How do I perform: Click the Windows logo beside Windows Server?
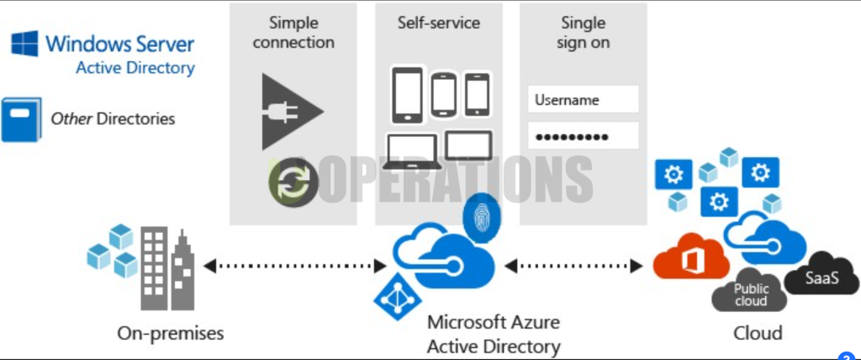pyautogui.click(x=24, y=44)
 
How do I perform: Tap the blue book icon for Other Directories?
pyautogui.click(x=21, y=119)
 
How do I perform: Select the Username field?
pyautogui.click(x=584, y=99)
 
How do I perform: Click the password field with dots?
pyautogui.click(x=584, y=135)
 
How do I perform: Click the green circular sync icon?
pyautogui.click(x=293, y=182)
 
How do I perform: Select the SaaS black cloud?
pyautogui.click(x=821, y=275)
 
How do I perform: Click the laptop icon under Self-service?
pyautogui.click(x=412, y=151)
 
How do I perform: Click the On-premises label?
pyautogui.click(x=170, y=333)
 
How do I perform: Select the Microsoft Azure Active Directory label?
pyautogui.click(x=494, y=334)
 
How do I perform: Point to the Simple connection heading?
pyautogui.click(x=293, y=33)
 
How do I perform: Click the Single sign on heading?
pyautogui.click(x=584, y=33)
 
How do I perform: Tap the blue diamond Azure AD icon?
pyautogui.click(x=398, y=298)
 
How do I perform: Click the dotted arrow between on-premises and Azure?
pyautogui.click(x=295, y=267)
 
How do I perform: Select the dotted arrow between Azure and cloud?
pyautogui.click(x=573, y=267)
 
